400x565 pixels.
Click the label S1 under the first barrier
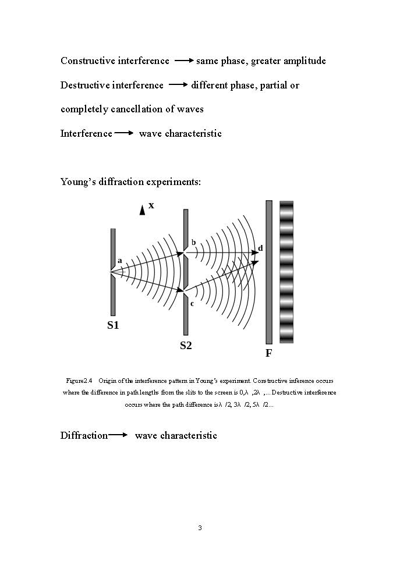coord(113,325)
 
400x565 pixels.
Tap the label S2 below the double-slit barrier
coord(186,346)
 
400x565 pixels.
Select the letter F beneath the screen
coord(269,353)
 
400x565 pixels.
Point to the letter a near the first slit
coord(120,261)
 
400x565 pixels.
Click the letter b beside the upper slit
coord(193,242)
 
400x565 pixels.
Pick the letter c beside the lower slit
coord(192,303)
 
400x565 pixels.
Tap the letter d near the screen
coord(260,248)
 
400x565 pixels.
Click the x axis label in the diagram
coord(151,205)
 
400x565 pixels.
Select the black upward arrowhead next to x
coord(142,210)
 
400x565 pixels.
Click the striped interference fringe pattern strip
coord(286,272)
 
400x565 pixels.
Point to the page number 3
coord(200,528)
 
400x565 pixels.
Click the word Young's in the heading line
coord(76,182)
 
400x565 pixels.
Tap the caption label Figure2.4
coord(80,381)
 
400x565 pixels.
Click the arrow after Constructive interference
coord(184,60)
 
